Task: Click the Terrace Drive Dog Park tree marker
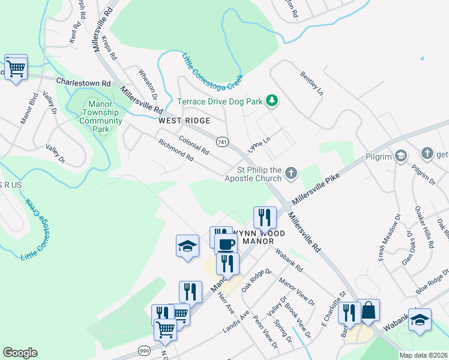point(272,100)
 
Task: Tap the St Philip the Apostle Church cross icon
point(291,174)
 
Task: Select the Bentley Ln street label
point(312,84)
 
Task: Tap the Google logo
point(20,353)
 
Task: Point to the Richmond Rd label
point(176,151)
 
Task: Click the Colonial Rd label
point(193,145)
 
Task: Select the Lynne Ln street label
point(259,142)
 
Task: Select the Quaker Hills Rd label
point(423,228)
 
